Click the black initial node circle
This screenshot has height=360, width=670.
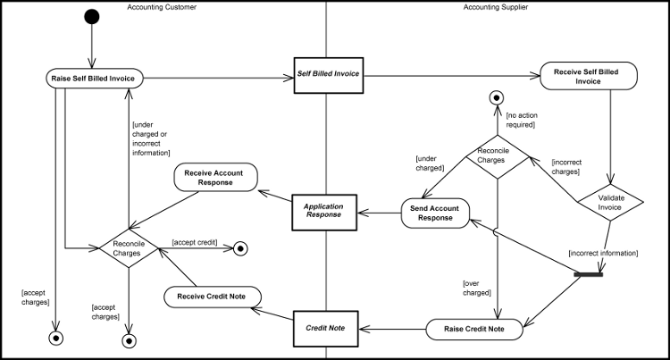coord(90,16)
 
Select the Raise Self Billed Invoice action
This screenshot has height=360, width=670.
coord(93,79)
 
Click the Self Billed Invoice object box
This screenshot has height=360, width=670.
coord(328,73)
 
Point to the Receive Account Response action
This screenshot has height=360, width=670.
coord(214,176)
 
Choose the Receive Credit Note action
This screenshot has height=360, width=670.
coord(213,296)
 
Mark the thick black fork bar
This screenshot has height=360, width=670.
coord(589,274)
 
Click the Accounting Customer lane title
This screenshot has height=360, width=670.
coord(162,7)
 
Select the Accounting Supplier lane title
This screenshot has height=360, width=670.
coord(495,7)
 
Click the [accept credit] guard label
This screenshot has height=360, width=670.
coord(195,241)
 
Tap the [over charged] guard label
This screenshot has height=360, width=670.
coord(477,288)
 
